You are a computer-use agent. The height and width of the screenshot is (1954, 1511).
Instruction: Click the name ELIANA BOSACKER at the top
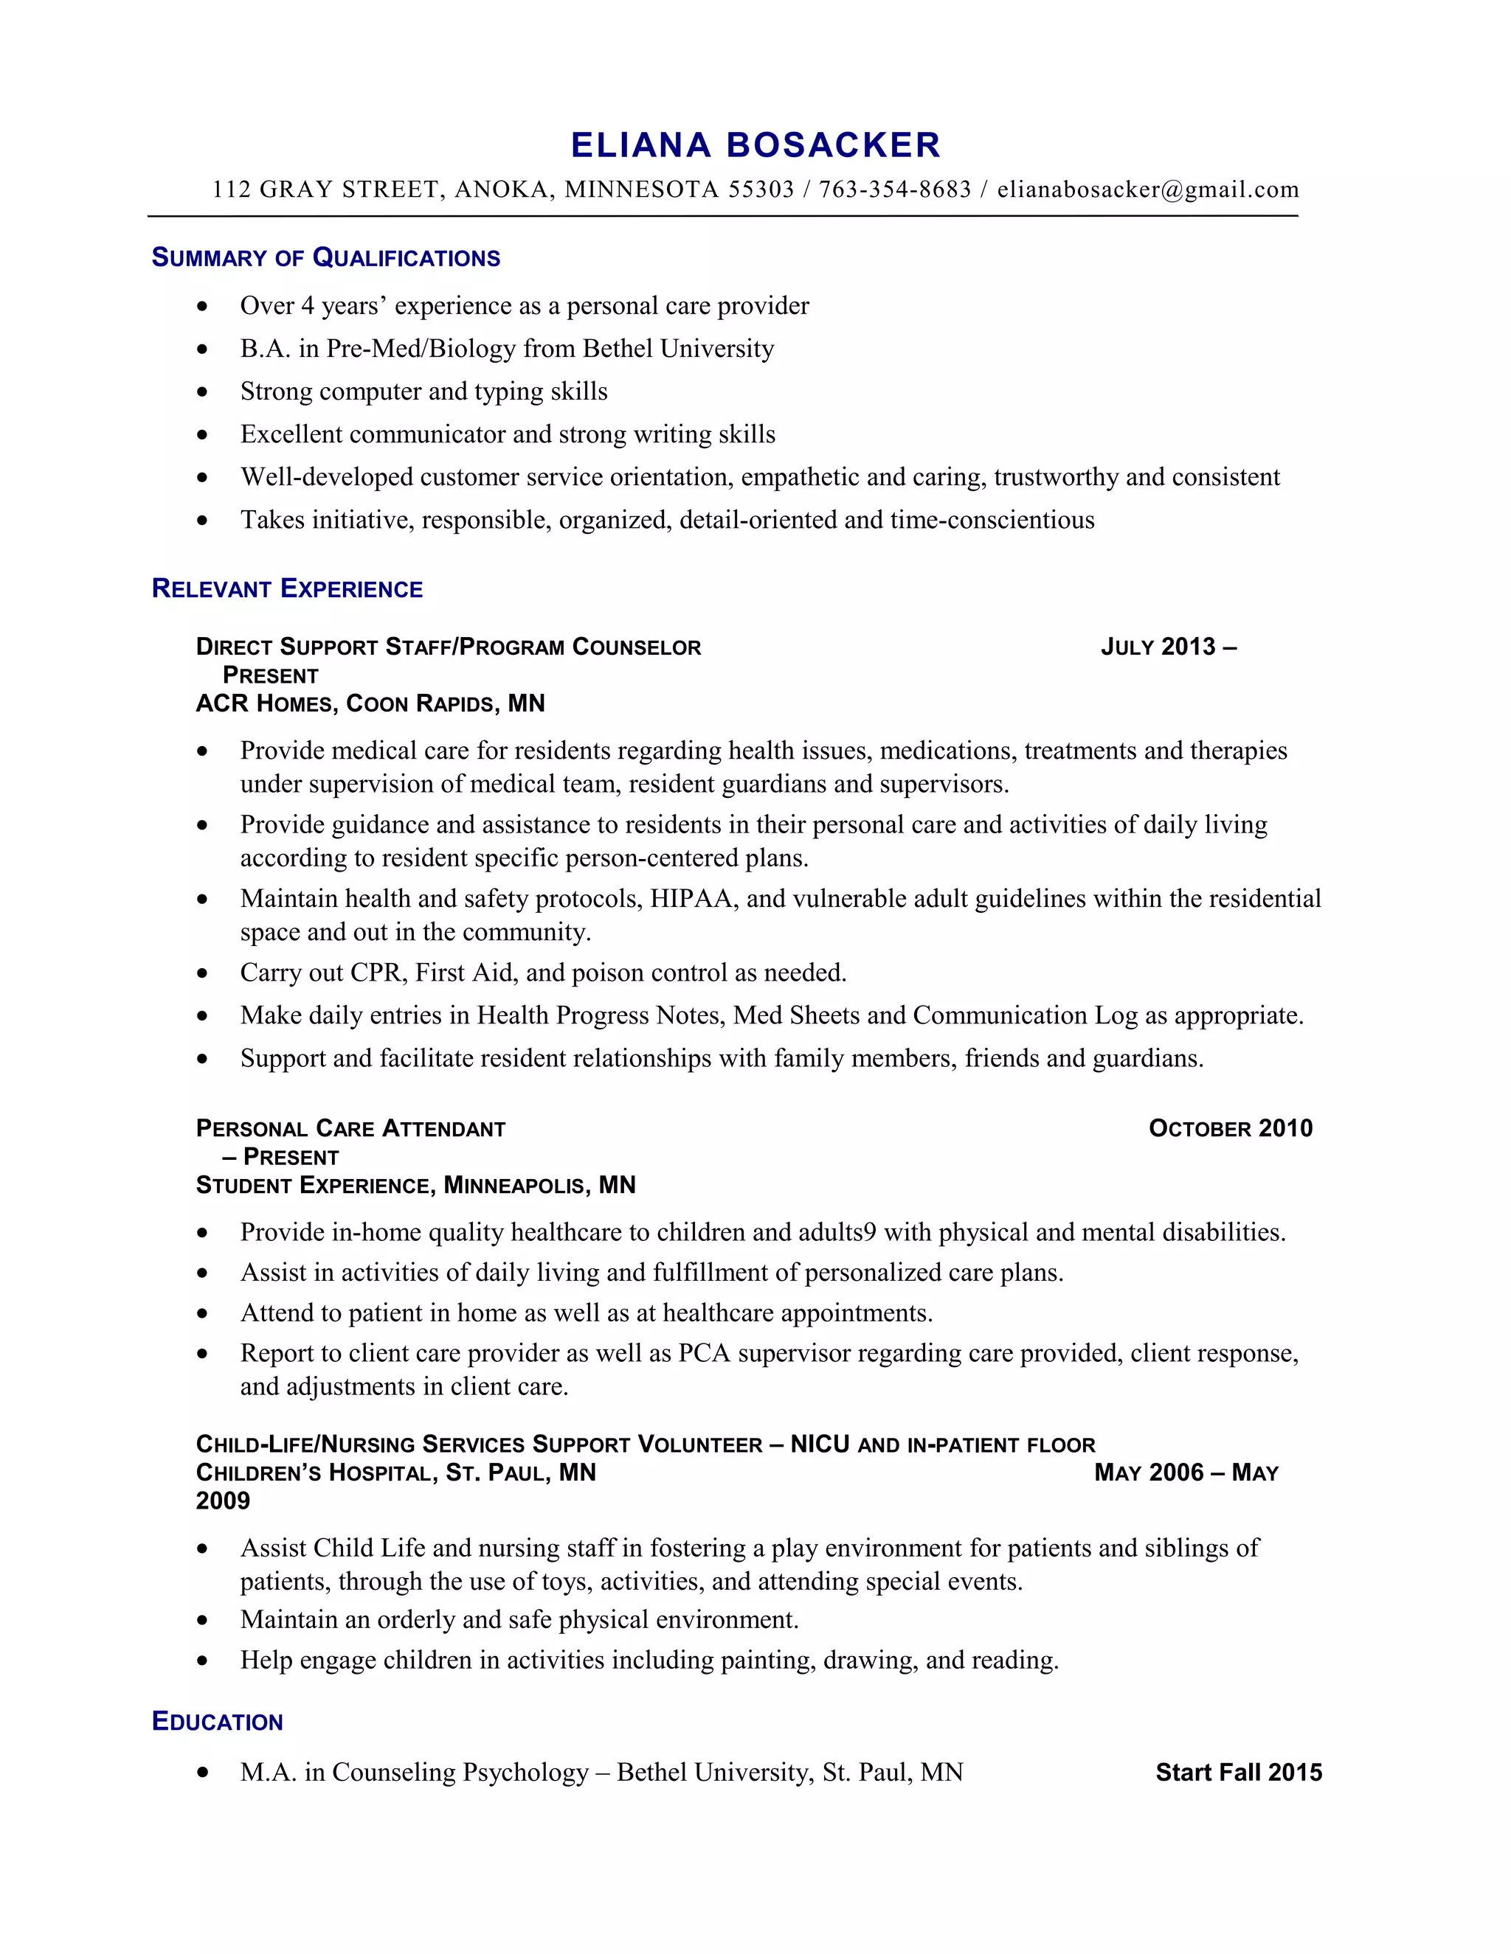(755, 145)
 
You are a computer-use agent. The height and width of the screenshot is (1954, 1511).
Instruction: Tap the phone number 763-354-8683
(894, 190)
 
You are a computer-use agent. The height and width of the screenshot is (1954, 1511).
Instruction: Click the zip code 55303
(761, 190)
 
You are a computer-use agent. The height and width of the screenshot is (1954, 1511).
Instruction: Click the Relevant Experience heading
(287, 588)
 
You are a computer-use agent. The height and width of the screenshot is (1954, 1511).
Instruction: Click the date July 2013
(1158, 647)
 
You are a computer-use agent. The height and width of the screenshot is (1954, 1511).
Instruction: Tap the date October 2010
(1230, 1128)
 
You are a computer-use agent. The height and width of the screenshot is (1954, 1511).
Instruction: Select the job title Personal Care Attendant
(351, 1128)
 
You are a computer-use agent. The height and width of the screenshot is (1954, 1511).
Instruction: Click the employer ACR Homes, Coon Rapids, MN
(370, 703)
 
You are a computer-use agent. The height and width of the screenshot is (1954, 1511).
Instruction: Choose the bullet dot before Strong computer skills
(202, 392)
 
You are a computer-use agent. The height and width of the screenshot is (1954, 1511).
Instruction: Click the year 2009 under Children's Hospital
(223, 1501)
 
